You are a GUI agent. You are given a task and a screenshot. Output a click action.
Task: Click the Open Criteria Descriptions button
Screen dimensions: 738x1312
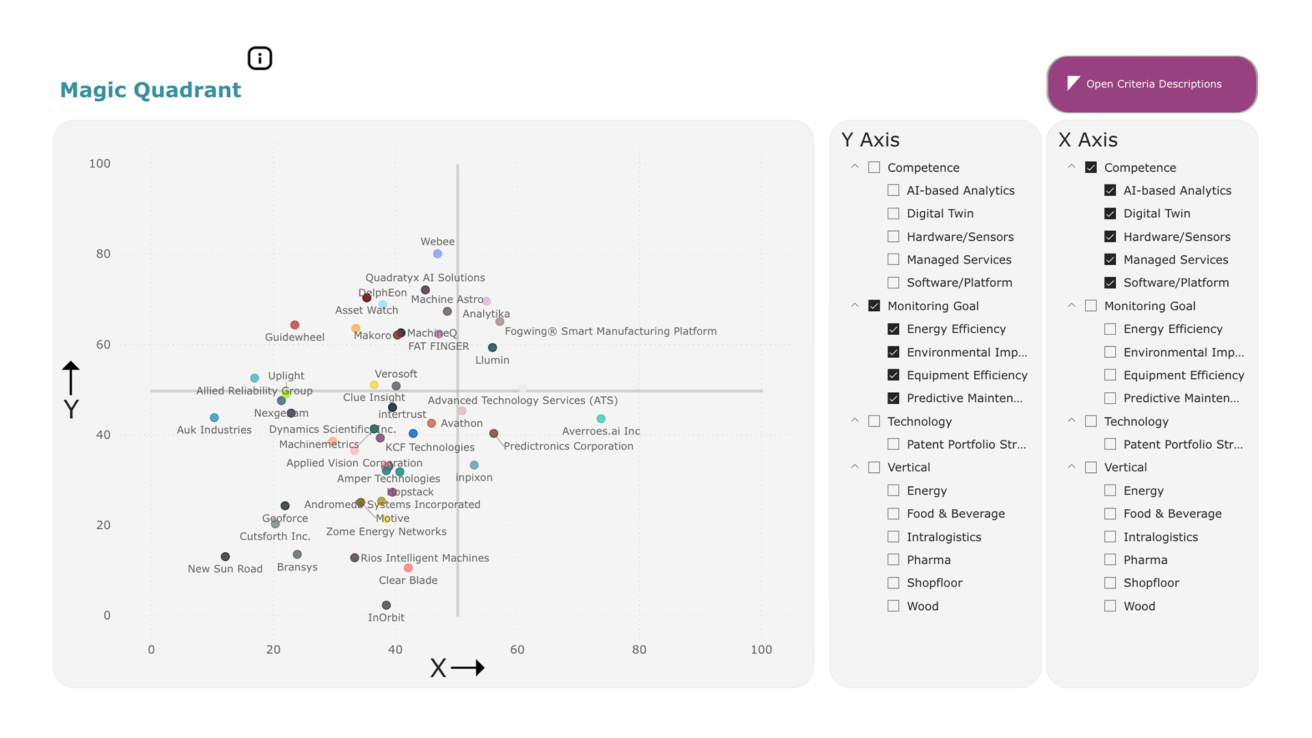pos(1152,84)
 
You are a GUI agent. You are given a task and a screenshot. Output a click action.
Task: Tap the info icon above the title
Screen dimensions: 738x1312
pos(260,58)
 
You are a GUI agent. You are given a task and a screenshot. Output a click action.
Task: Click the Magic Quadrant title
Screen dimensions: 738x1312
pos(150,90)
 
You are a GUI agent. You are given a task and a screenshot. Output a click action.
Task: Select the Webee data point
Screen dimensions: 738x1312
pos(437,254)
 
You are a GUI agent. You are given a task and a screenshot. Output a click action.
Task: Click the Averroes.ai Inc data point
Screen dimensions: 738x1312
pos(601,419)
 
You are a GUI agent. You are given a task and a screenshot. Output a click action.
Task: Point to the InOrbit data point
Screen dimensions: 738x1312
pos(386,605)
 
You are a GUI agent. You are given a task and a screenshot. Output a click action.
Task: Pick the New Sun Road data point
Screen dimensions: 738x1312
pos(225,557)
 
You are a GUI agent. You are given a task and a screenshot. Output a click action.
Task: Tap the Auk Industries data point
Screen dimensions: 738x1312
pos(215,418)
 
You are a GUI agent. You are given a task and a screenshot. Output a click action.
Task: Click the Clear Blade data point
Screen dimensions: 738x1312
pos(408,568)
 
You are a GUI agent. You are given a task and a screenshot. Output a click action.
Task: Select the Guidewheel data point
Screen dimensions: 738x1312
pos(295,325)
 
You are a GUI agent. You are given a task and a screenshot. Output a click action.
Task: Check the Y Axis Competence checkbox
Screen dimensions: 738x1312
pos(874,167)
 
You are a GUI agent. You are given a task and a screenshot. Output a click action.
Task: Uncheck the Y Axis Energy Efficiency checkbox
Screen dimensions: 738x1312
pos(893,329)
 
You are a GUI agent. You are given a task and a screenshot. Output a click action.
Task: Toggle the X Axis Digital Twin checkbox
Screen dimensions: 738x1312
pos(1110,213)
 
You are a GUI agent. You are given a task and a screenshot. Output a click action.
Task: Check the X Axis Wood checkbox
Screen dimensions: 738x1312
pos(1110,606)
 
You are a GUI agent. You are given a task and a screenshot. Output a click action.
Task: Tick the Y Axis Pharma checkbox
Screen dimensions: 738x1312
pos(893,560)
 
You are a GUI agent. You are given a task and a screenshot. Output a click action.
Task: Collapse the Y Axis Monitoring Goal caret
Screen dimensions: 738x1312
pos(854,305)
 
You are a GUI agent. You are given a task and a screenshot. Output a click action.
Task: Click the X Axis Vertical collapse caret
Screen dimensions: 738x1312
pos(1071,467)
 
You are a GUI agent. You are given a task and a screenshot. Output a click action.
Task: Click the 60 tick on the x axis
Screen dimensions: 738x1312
pos(517,650)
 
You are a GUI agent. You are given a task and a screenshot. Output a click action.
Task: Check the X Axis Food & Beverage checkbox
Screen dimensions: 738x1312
pos(1110,513)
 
